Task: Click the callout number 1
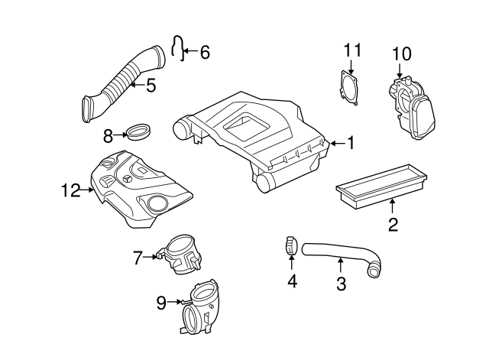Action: (351, 142)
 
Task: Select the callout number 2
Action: (392, 224)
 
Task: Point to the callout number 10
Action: (402, 54)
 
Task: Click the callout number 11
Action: (351, 50)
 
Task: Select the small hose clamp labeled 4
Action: (290, 245)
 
